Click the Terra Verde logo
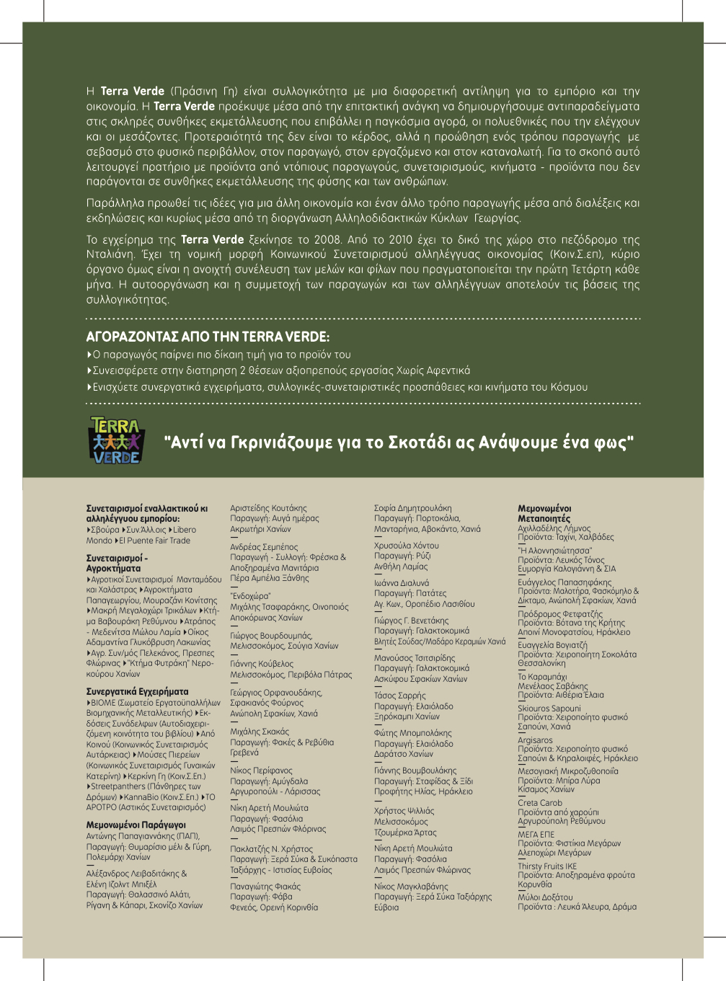pyautogui.click(x=116, y=440)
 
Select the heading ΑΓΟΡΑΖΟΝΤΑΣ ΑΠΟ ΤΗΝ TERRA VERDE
pyautogui.click(x=208, y=337)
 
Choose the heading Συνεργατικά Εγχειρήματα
pyautogui.click(x=137, y=691)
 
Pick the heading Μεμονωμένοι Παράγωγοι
pyautogui.click(x=136, y=825)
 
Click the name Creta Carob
pyautogui.click(x=539, y=802)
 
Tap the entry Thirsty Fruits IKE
pyautogui.click(x=546, y=866)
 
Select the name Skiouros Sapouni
pyautogui.click(x=549, y=708)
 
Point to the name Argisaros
pyautogui.click(x=535, y=740)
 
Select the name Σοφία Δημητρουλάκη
pyautogui.click(x=412, y=508)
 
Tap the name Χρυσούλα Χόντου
pyautogui.click(x=406, y=546)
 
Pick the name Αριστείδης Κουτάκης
pyautogui.click(x=268, y=508)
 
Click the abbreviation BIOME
pyautogui.click(x=103, y=702)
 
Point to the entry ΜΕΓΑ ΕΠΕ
pyautogui.click(x=536, y=834)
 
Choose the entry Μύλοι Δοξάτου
pyautogui.click(x=544, y=896)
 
